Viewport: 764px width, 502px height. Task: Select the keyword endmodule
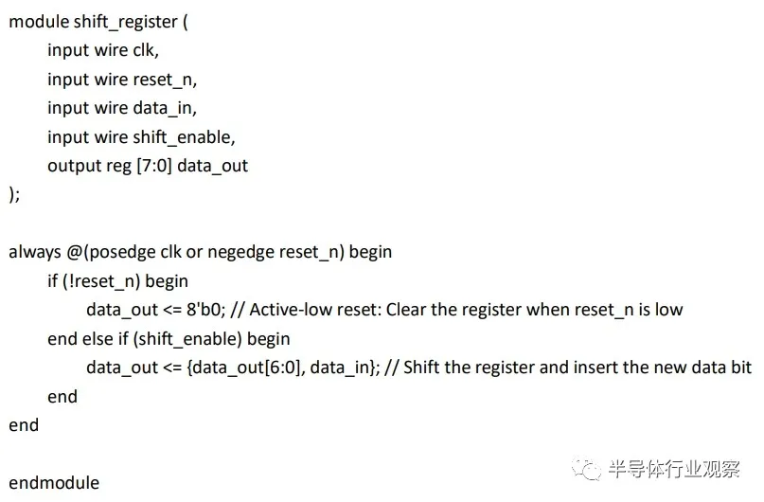point(54,482)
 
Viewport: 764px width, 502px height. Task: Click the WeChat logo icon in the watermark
point(588,469)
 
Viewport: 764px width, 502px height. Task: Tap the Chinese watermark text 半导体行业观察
point(673,469)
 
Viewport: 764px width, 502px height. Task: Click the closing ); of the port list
point(14,194)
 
